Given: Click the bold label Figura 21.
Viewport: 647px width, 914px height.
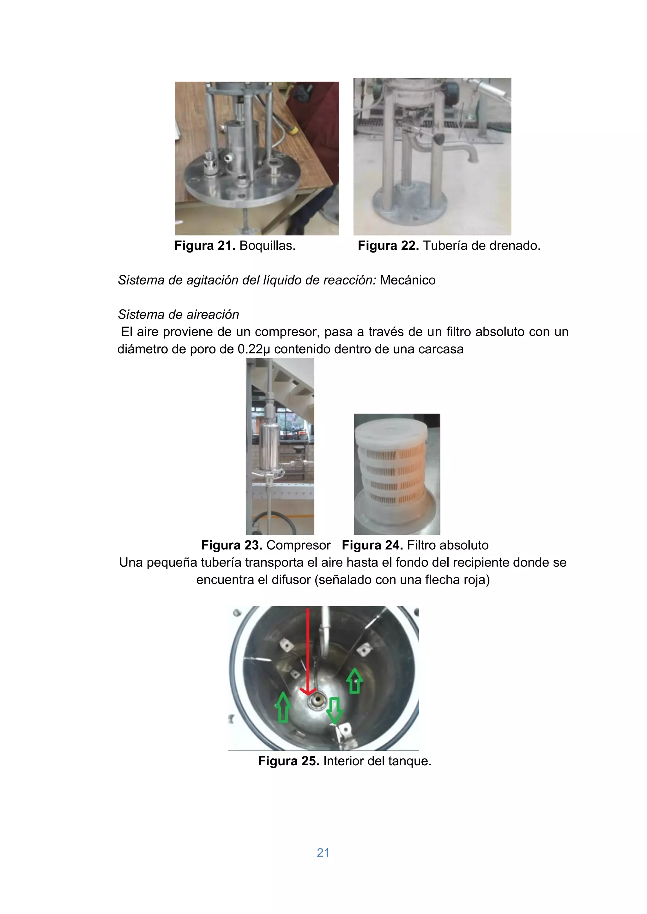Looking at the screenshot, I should point(205,246).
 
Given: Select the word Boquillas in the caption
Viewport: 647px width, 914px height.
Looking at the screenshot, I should point(267,246).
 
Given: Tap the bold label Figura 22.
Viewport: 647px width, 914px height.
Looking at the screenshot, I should point(388,246).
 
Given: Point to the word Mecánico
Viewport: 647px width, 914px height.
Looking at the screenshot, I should point(407,280).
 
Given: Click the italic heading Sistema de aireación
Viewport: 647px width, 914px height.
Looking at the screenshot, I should point(178,314).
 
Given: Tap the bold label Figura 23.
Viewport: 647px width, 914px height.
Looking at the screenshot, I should point(232,545).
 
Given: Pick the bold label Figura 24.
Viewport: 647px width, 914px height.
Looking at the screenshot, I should point(372,545).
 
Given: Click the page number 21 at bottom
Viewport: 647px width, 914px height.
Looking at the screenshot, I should point(323,852).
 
